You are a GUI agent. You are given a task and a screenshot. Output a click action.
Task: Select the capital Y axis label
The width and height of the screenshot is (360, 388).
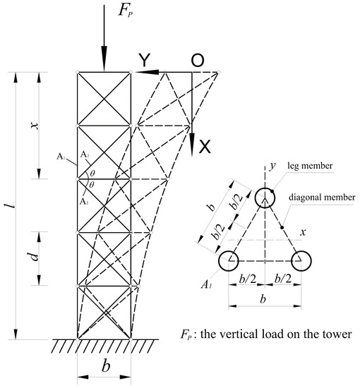tap(143, 61)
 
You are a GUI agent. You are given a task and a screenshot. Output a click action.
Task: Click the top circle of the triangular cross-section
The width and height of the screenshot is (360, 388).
tap(265, 198)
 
